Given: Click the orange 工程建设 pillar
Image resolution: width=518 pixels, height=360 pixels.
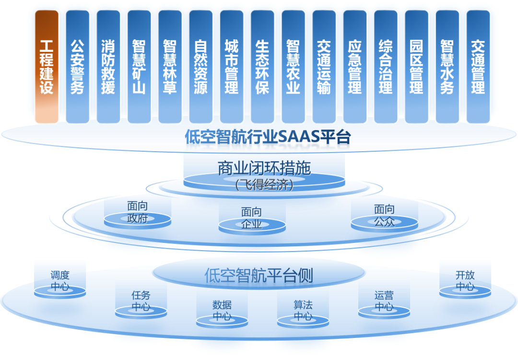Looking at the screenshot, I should click(x=47, y=67).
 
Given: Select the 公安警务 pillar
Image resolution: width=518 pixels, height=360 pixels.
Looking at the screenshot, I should click(x=77, y=67).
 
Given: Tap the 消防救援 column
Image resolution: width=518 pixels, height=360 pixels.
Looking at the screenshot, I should click(x=108, y=67).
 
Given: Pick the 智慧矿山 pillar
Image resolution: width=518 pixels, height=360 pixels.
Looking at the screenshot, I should click(x=139, y=67).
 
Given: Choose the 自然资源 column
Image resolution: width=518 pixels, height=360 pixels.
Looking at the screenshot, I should click(x=200, y=67).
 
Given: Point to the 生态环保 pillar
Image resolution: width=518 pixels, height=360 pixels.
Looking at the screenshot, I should click(x=262, y=67).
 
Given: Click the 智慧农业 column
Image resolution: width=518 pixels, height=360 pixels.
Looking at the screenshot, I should click(x=293, y=67).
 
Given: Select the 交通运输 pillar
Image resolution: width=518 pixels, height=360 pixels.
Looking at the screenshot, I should click(x=324, y=67).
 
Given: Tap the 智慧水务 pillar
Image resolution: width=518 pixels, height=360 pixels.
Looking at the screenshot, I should click(x=447, y=67).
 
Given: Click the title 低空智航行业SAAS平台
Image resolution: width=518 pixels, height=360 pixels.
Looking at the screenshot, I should click(x=268, y=137).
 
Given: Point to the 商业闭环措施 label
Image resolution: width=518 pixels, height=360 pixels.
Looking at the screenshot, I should click(x=264, y=168).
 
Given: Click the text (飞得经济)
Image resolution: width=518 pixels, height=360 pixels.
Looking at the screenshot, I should click(x=264, y=184).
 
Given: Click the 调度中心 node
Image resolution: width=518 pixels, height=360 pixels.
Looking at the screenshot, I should click(x=60, y=282).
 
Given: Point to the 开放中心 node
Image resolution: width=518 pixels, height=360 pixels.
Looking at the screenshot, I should click(x=465, y=281).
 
